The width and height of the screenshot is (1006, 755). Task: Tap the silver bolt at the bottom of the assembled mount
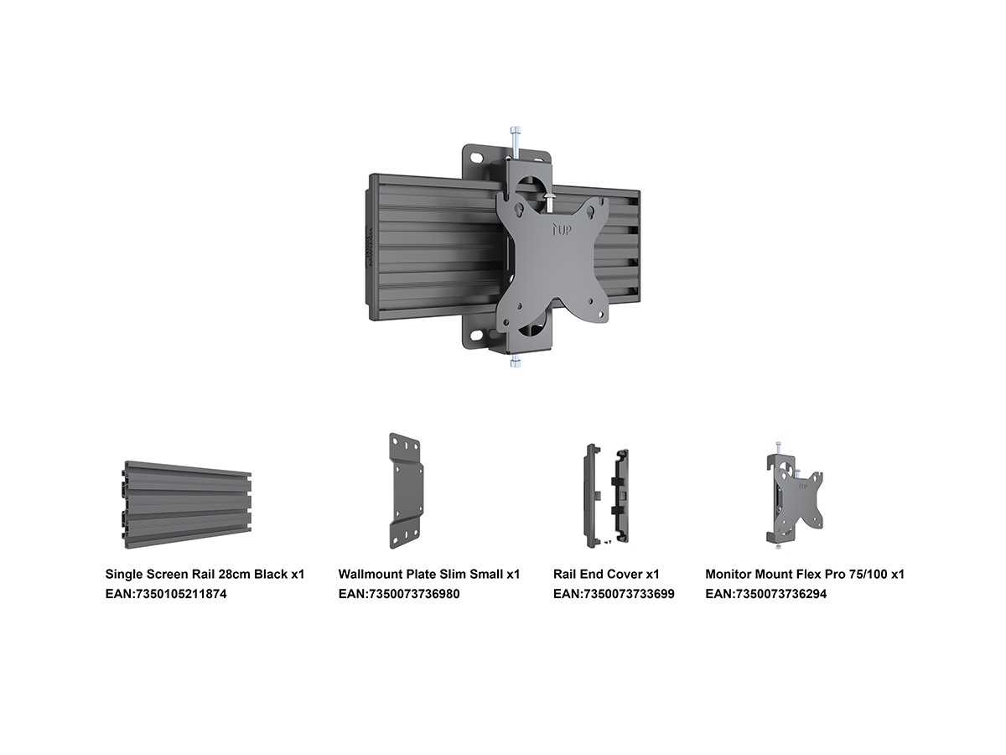click(515, 362)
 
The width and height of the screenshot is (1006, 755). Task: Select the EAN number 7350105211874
click(166, 594)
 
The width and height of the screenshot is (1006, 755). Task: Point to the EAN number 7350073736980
click(399, 594)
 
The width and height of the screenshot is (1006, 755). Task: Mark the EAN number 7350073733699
click(614, 594)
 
